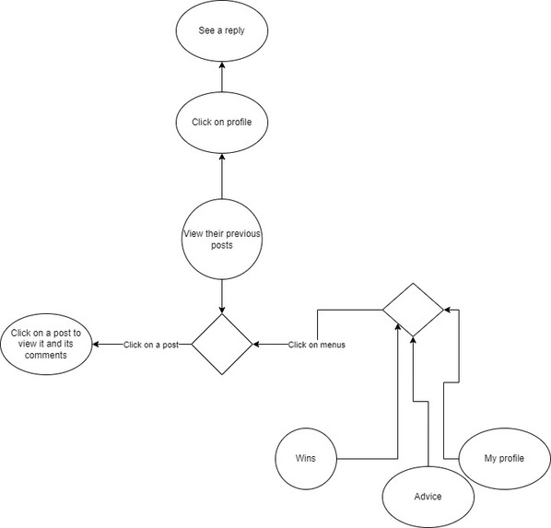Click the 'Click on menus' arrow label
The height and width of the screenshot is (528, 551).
tap(317, 345)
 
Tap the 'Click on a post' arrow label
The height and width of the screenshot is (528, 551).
tap(151, 345)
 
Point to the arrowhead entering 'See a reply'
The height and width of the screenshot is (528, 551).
tap(222, 65)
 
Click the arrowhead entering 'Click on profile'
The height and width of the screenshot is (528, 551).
tap(222, 157)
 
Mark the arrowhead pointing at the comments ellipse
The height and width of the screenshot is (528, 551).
tap(96, 344)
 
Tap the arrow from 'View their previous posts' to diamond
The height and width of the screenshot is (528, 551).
tap(222, 297)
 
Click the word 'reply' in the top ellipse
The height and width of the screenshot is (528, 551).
tap(235, 31)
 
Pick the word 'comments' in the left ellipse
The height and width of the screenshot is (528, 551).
tap(46, 355)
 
